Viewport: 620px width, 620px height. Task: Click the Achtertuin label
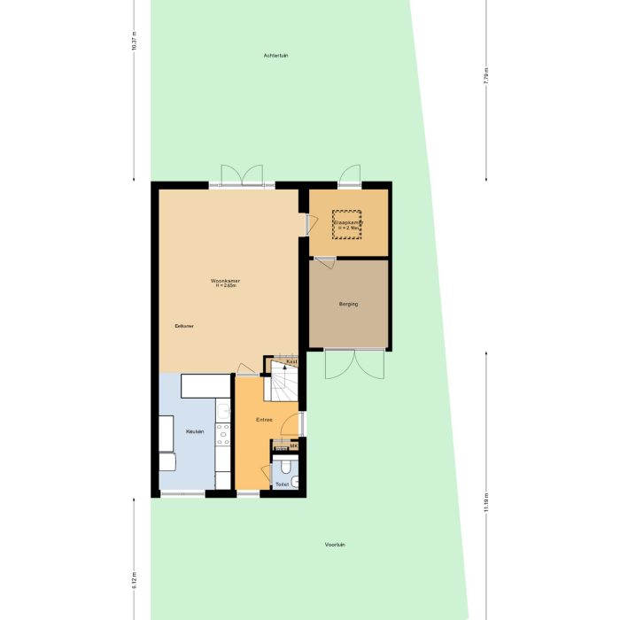[x=276, y=55]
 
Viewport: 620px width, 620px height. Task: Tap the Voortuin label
[x=335, y=544]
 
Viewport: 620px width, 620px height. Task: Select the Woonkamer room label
[x=229, y=283]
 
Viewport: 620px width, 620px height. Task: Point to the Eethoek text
[x=184, y=327]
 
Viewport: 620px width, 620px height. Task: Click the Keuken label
[x=195, y=431]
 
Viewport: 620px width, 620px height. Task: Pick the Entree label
[x=264, y=419]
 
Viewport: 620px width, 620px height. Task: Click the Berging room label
[x=348, y=304]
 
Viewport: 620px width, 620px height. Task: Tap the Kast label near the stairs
[x=291, y=361]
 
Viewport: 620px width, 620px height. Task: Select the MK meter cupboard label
[x=294, y=446]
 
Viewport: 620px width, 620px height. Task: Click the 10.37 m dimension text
[x=134, y=42]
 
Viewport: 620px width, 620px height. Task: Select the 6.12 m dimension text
[x=134, y=580]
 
